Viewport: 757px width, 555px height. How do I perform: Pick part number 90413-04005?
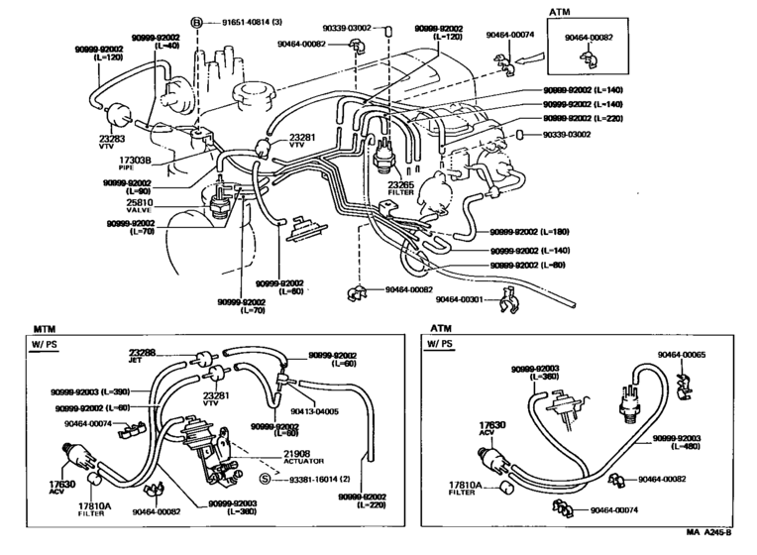coord(313,410)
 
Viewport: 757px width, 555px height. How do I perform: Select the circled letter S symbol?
coord(265,479)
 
